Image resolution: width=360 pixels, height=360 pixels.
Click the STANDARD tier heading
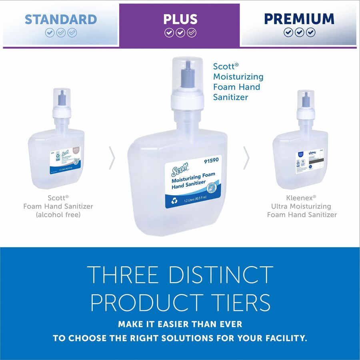[61, 19]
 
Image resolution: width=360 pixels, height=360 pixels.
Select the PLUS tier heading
[180, 19]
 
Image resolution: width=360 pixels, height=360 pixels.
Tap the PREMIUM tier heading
[299, 19]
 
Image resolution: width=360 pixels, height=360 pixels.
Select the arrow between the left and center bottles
[112, 158]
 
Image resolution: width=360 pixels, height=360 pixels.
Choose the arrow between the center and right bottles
[246, 158]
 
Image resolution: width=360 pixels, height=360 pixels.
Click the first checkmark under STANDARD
[50, 33]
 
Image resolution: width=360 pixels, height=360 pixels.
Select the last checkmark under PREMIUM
[311, 33]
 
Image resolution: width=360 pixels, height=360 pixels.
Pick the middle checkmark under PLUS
[180, 33]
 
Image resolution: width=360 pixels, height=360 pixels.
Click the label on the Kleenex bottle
[306, 162]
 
